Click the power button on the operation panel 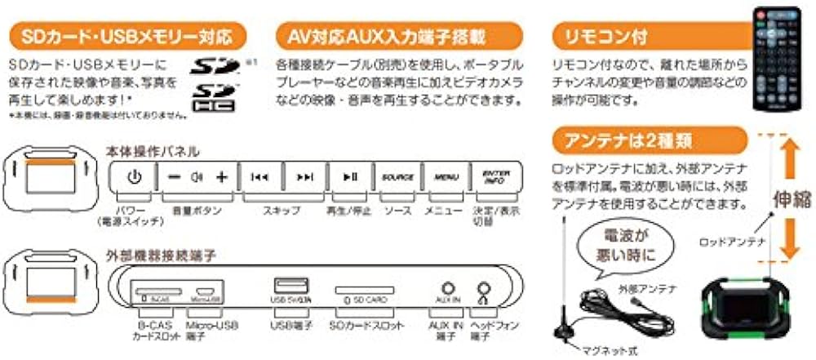pyautogui.click(x=135, y=176)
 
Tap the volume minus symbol pyautogui.click(x=174, y=177)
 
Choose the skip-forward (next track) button pyautogui.click(x=304, y=177)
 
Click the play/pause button pyautogui.click(x=349, y=177)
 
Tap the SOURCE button pyautogui.click(x=397, y=177)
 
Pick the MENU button pyautogui.click(x=446, y=177)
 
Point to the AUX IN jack pyautogui.click(x=446, y=287)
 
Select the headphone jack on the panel pyautogui.click(x=486, y=288)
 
